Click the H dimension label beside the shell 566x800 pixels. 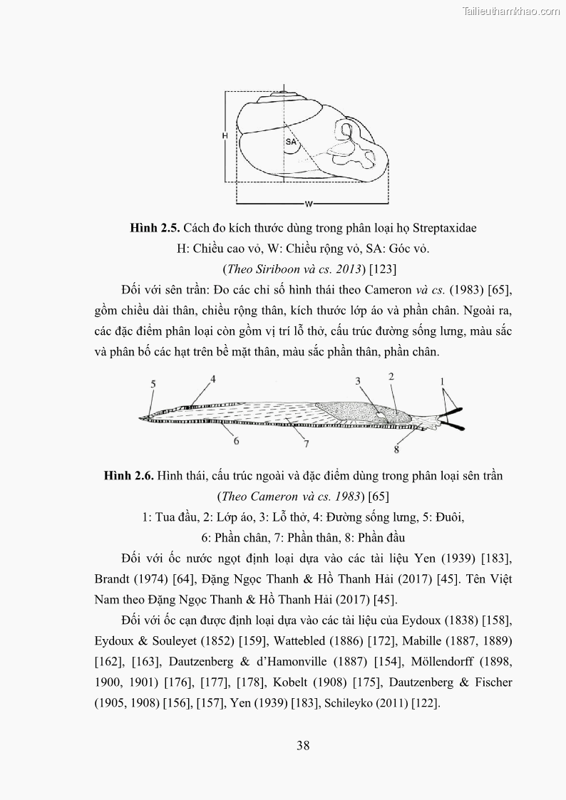[224, 135]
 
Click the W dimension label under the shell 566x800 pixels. [309, 204]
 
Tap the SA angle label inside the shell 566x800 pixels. [291, 142]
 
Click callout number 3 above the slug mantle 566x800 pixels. [359, 382]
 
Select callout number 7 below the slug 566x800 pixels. [306, 445]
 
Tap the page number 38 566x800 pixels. [303, 746]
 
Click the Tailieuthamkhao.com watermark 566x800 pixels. [512, 11]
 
